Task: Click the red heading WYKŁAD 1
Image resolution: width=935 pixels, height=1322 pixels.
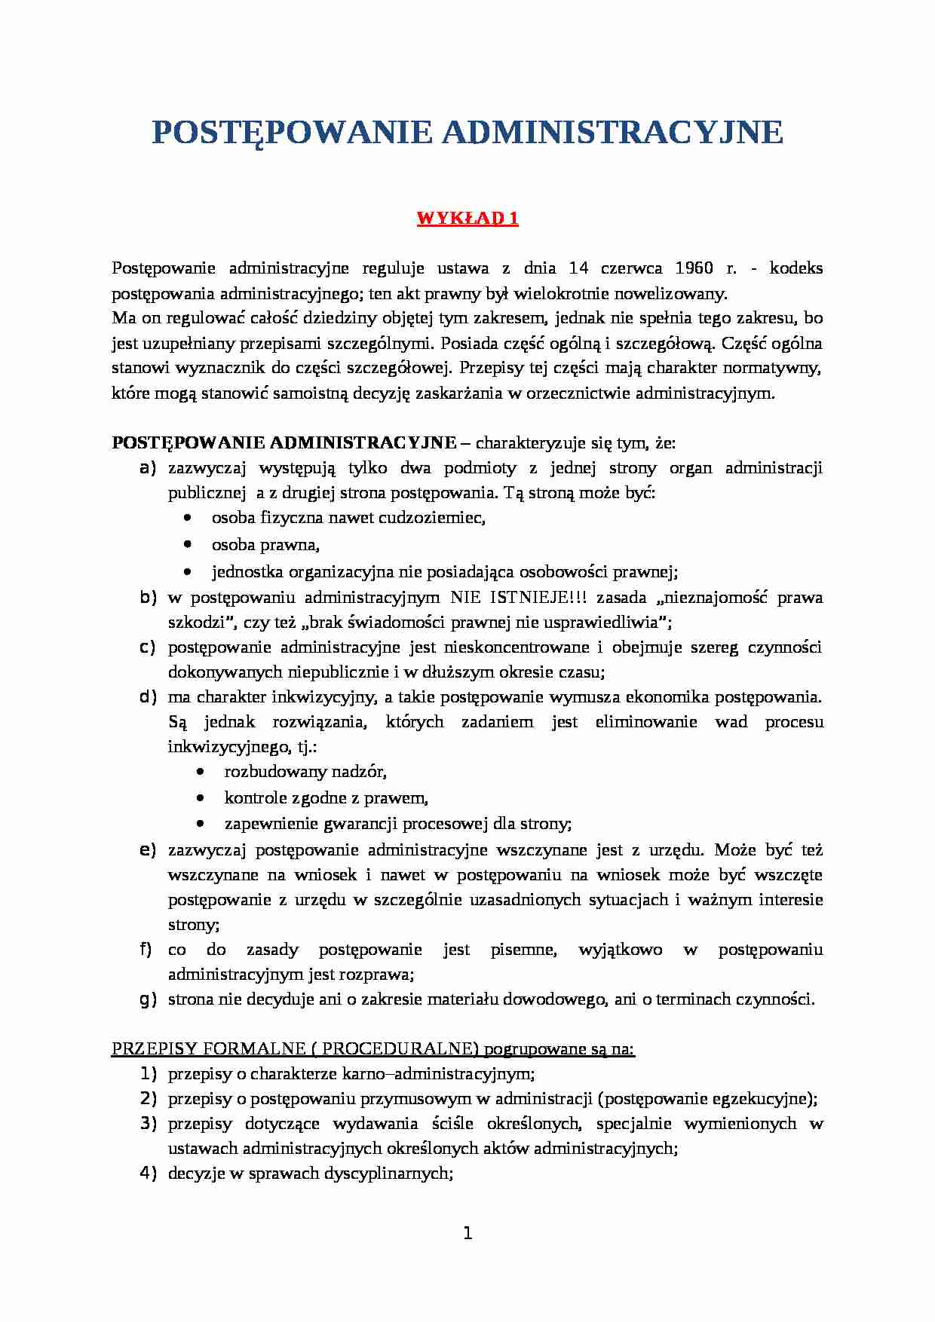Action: point(467,219)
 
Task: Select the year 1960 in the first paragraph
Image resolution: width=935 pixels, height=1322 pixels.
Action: point(694,268)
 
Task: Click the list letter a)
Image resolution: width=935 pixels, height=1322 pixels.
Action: point(148,468)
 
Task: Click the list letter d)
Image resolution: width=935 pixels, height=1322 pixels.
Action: point(148,697)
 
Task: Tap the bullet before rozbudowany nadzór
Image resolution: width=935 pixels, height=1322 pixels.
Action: point(200,773)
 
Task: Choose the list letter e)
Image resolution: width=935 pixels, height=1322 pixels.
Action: point(148,850)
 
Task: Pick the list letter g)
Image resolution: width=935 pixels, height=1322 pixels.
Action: point(148,999)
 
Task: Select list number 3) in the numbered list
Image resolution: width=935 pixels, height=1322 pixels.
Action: point(148,1124)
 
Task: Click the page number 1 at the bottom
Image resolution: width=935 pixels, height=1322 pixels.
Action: point(467,1234)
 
